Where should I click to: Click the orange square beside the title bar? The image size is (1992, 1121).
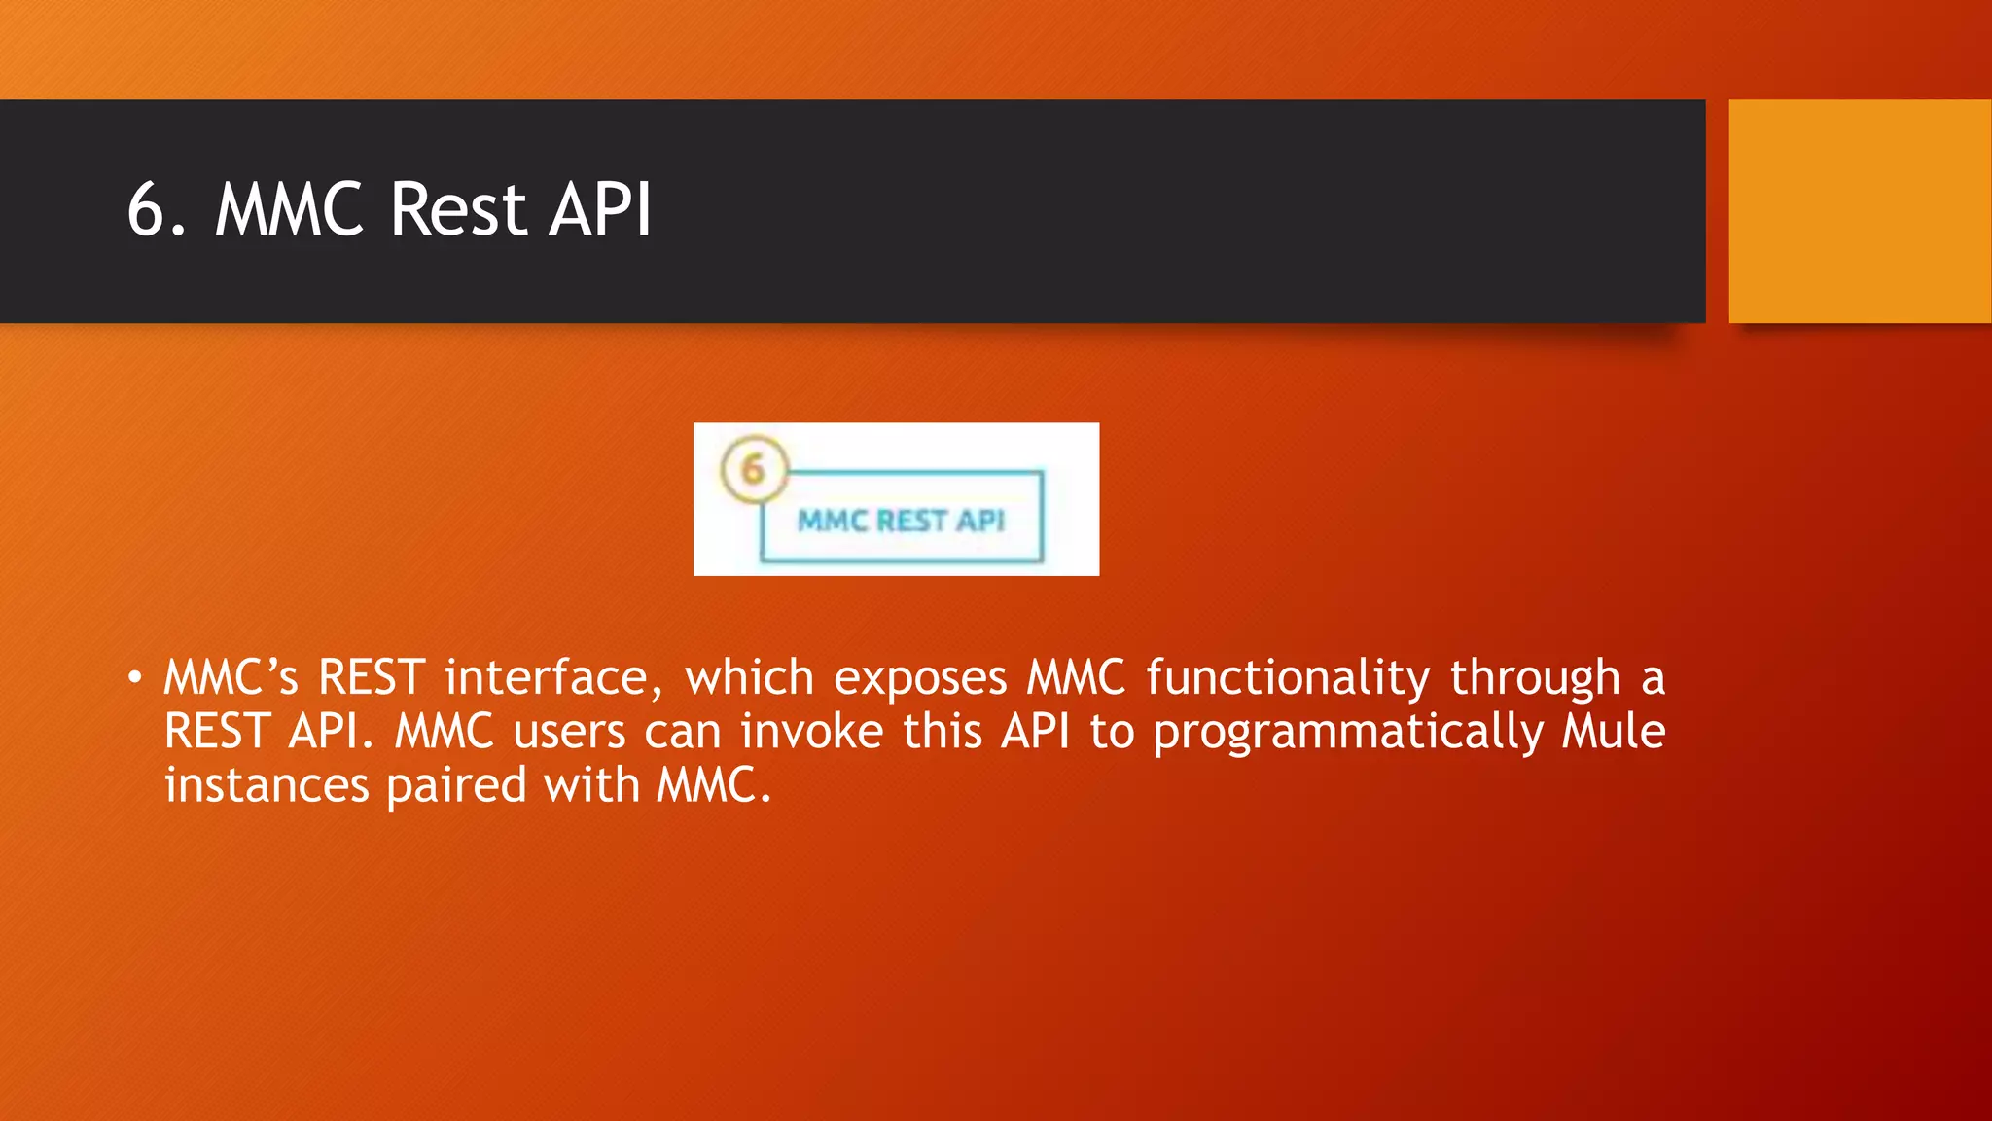tap(1859, 211)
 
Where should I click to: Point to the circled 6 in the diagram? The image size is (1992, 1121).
tap(753, 469)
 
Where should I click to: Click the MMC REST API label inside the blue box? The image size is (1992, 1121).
tap(901, 521)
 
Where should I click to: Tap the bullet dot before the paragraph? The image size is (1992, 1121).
tap(135, 677)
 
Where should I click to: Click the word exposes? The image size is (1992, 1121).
tap(920, 677)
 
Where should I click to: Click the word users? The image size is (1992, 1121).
tap(569, 732)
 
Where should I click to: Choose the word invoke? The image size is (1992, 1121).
tap(811, 732)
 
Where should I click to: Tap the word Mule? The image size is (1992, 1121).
tap(1614, 732)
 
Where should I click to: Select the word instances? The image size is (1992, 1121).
tap(267, 785)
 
